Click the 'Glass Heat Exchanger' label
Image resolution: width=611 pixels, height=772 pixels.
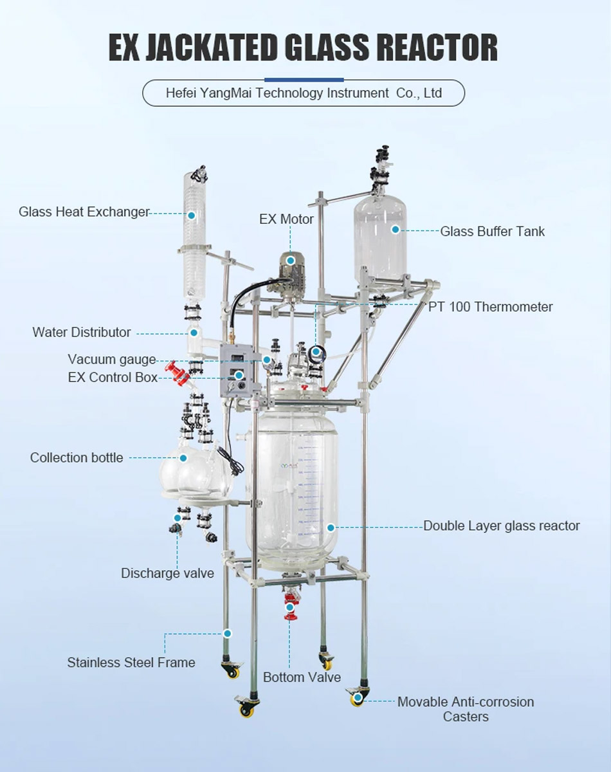(x=84, y=212)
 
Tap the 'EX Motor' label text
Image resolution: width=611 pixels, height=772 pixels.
(x=286, y=219)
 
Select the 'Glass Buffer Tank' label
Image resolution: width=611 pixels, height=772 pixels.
(x=492, y=232)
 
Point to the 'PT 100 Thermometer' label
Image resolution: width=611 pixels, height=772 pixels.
(x=490, y=307)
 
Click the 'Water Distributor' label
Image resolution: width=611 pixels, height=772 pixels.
(x=82, y=333)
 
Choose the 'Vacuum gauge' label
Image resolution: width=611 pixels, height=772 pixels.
(x=112, y=360)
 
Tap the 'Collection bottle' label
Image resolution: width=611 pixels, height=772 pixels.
(x=77, y=458)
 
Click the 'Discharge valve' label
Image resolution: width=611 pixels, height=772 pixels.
(x=167, y=573)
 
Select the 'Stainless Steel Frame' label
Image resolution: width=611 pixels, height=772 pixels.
(x=131, y=662)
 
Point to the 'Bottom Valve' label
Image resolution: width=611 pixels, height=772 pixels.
(x=302, y=677)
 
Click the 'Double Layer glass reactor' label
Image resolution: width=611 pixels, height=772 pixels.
(x=501, y=526)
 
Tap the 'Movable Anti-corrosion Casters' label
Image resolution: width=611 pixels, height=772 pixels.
(x=466, y=709)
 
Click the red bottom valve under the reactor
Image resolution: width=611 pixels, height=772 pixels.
(x=290, y=608)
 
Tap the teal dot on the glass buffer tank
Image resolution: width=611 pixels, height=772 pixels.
(x=396, y=228)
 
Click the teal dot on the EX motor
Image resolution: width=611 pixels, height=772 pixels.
(x=291, y=261)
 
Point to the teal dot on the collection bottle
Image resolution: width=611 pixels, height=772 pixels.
(x=183, y=458)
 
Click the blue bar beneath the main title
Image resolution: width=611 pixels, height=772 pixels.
(x=305, y=79)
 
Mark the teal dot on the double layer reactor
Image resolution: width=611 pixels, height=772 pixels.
(x=331, y=528)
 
